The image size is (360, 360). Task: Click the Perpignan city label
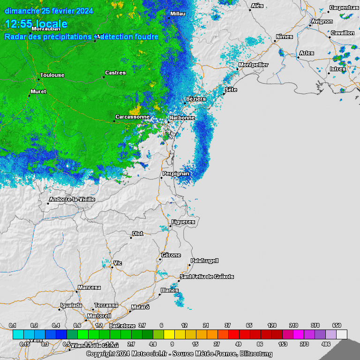coord(176,174)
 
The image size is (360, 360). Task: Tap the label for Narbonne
coord(182,118)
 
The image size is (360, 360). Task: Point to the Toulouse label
coord(52,75)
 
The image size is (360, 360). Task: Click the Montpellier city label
coord(254,65)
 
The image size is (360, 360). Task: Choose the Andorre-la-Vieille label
coord(72,199)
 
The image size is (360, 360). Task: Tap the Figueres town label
coord(183,222)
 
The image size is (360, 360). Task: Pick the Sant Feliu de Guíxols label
coord(207,277)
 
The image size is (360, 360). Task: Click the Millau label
coord(178,14)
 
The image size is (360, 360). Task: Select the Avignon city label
coord(322,21)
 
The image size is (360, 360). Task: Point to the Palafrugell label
coord(204,261)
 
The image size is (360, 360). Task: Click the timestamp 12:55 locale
coord(36,24)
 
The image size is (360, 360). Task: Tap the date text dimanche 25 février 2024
coord(49,11)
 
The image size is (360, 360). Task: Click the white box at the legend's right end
coord(342,334)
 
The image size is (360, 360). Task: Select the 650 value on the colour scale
coord(337,325)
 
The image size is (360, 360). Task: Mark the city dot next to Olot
coord(131,238)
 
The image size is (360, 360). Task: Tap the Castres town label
coord(115,73)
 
